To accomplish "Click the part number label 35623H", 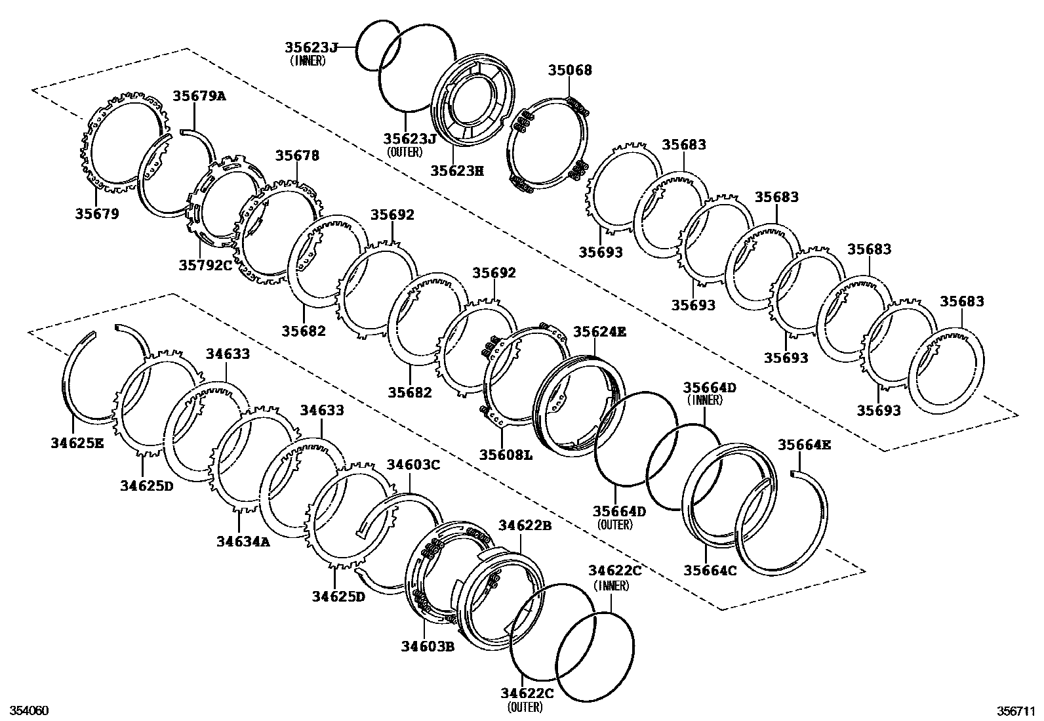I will click(457, 171).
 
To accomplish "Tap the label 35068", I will click(570, 70).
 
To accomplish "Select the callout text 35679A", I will click(199, 96).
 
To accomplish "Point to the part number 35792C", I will click(205, 265).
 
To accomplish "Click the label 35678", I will click(297, 155).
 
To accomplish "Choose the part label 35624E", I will click(600, 332).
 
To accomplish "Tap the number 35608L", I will click(506, 454).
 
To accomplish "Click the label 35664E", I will click(804, 445).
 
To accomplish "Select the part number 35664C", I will click(710, 571).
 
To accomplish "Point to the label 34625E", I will click(77, 443).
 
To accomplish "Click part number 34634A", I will click(243, 542).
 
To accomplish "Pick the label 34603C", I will click(413, 464).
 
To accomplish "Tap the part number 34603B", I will click(428, 646).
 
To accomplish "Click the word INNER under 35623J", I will click(308, 60).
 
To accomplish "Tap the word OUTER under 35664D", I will click(615, 525).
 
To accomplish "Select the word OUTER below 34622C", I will click(525, 707).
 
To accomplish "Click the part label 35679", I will click(97, 213).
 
